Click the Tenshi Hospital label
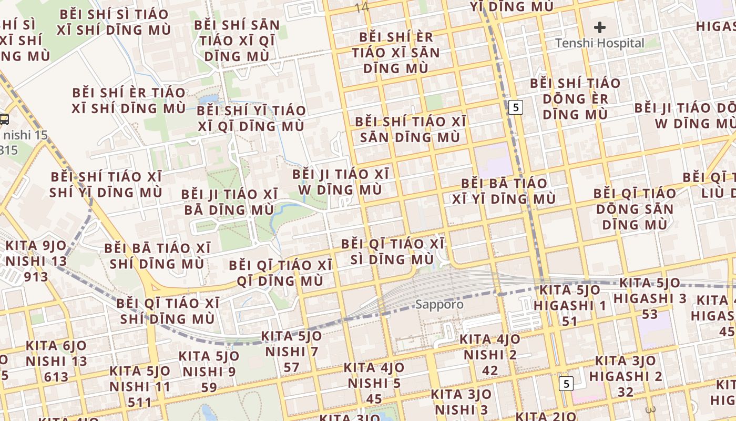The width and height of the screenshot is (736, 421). (x=600, y=43)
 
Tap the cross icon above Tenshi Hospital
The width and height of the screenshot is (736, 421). (x=600, y=27)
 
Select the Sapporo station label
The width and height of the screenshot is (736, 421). (x=439, y=304)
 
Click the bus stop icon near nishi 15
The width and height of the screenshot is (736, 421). (x=4, y=119)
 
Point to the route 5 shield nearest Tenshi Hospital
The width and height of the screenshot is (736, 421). (x=516, y=107)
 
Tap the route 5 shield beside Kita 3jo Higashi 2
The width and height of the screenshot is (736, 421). (x=566, y=384)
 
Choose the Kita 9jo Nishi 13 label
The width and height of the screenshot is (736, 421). (x=36, y=260)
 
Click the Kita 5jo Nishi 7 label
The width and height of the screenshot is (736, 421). (x=291, y=352)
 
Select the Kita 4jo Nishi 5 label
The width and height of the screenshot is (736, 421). (x=374, y=383)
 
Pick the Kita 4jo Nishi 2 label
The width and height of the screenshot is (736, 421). (x=490, y=355)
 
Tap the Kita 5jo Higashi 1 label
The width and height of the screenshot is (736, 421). (x=570, y=305)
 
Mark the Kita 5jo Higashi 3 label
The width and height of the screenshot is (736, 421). (x=650, y=298)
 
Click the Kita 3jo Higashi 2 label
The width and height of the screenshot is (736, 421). (x=626, y=376)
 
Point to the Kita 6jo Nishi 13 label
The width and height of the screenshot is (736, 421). (x=56, y=361)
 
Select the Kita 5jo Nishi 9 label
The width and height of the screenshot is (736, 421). (x=209, y=372)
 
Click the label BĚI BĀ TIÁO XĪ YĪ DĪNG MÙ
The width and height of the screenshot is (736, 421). (x=504, y=191)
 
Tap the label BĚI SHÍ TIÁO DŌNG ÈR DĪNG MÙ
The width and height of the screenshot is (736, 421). (x=575, y=98)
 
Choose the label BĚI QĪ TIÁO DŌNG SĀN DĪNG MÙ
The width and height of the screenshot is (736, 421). (x=635, y=208)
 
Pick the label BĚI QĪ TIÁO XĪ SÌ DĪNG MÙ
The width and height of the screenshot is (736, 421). (x=393, y=252)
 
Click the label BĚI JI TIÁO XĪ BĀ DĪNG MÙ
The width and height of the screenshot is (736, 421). (x=229, y=202)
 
